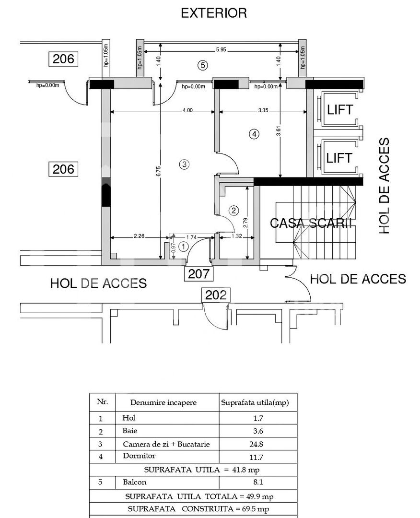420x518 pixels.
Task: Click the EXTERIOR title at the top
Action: (214, 13)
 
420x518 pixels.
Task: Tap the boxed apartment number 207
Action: (198, 274)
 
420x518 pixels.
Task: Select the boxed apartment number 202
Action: (215, 295)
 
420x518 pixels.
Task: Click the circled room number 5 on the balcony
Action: (203, 66)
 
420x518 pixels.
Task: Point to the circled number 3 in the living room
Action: (184, 165)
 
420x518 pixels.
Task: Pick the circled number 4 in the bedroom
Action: (254, 134)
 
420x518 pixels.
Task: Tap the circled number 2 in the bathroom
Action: (233, 210)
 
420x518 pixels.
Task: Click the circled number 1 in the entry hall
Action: (183, 247)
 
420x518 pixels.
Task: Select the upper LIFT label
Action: (339, 109)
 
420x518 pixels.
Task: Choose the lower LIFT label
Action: (339, 157)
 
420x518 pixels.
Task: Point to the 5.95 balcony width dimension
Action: (222, 49)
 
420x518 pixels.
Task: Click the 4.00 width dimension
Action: (187, 110)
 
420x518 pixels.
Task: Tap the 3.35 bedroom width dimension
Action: (263, 110)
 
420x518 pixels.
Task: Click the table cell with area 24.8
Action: (257, 444)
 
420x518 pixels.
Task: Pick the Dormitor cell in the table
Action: (139, 456)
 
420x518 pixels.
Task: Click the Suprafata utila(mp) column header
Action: (255, 403)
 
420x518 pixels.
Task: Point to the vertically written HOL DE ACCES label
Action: (385, 186)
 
